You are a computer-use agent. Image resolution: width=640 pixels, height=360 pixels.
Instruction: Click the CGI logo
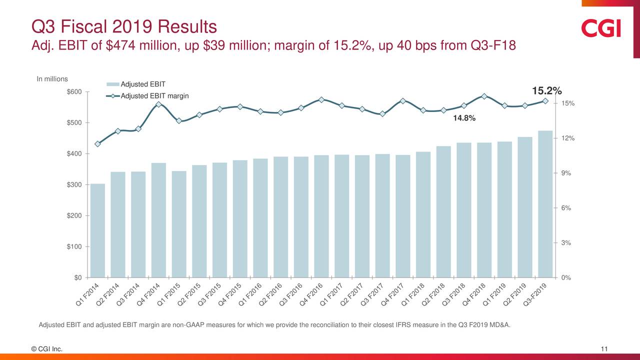coord(601,28)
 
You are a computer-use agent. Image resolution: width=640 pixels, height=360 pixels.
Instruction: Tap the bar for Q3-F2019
coord(545,204)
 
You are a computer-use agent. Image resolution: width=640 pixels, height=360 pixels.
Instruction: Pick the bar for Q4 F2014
coord(158,220)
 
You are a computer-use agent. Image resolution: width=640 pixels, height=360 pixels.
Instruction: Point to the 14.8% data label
coord(464,119)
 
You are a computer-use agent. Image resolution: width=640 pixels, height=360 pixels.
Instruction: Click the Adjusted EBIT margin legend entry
coord(154,96)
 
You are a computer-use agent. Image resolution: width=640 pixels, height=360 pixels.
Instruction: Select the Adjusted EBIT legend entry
coord(142,83)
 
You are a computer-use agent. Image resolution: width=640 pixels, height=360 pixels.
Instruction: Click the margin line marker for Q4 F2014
coord(158,104)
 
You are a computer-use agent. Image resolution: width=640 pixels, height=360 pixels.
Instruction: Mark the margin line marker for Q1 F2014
coord(97,144)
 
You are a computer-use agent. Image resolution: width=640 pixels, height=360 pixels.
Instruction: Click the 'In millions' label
coord(52,79)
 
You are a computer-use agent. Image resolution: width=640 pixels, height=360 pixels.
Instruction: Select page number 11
coord(604,349)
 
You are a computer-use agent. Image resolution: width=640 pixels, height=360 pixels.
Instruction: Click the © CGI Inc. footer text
coord(47,349)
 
